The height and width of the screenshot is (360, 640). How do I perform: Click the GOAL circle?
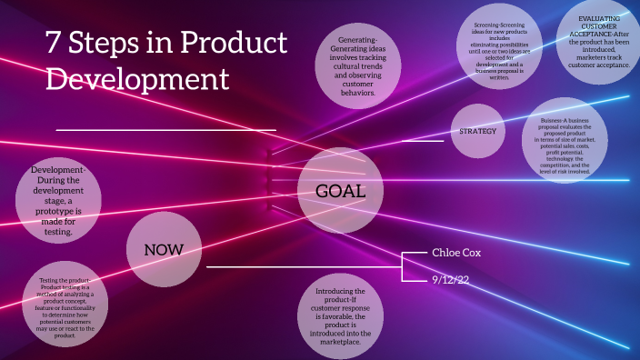tap(339, 191)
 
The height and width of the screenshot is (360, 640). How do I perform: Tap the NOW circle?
tap(164, 249)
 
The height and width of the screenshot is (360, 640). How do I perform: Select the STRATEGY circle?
tap(478, 131)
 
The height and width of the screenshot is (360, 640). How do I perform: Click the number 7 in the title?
tap(54, 43)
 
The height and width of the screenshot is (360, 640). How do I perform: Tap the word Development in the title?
tap(137, 79)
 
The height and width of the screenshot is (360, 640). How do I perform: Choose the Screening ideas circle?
tap(499, 51)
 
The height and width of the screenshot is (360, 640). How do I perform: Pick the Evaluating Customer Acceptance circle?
tap(598, 40)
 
